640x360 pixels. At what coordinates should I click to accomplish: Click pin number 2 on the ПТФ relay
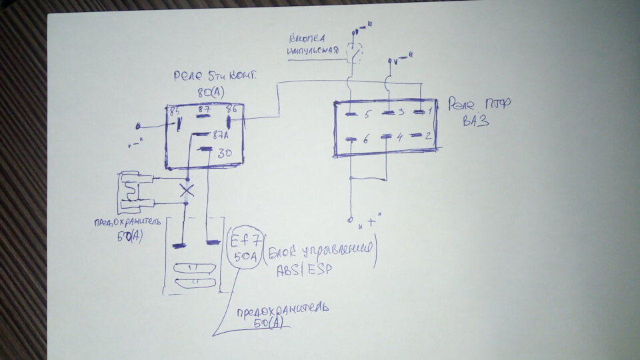431,136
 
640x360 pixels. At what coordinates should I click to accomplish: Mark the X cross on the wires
188,190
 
